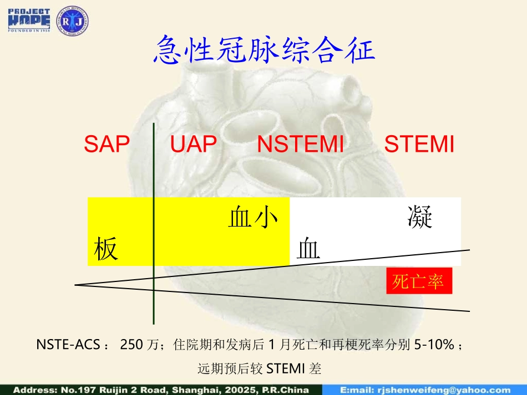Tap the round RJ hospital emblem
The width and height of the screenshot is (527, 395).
point(73,20)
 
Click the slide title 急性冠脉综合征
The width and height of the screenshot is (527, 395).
point(263,49)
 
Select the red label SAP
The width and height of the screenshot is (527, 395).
point(107,145)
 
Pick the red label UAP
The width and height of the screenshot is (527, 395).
point(193,145)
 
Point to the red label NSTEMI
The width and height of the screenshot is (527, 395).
point(301,145)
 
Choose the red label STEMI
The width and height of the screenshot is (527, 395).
point(419,145)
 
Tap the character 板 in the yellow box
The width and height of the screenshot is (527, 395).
point(106,249)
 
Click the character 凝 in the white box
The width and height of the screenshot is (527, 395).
point(419,217)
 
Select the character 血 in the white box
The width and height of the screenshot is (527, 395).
point(309,249)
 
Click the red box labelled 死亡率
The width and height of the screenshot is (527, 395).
point(419,281)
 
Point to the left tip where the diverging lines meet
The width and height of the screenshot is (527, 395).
point(76,285)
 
